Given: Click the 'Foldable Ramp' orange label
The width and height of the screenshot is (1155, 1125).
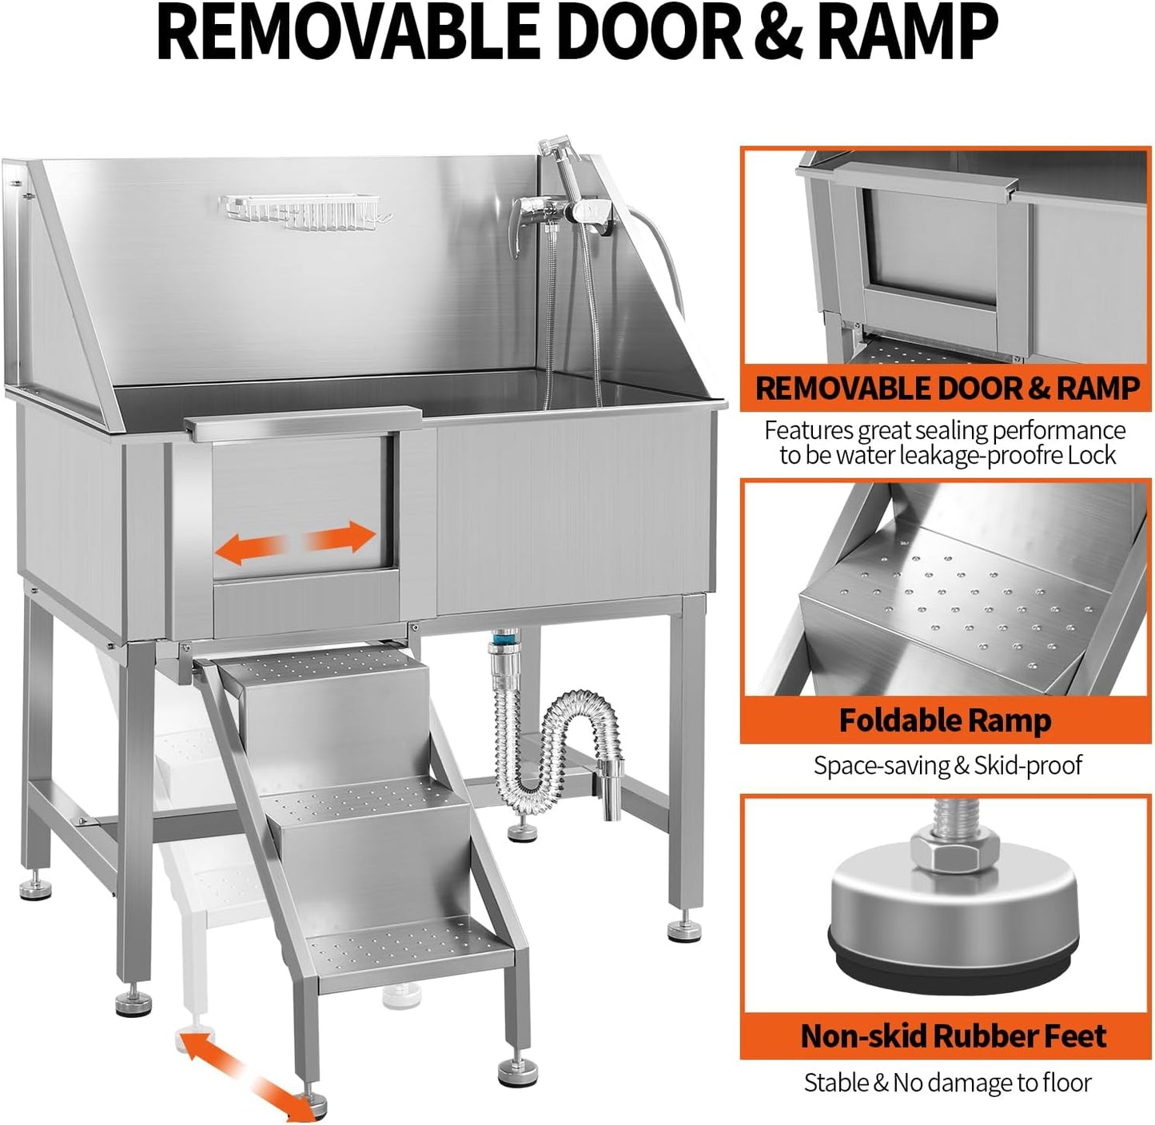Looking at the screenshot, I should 945,721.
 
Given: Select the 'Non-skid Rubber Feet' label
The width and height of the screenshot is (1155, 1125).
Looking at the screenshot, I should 953,1036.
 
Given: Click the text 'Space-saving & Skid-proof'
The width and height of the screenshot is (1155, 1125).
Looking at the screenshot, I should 947,765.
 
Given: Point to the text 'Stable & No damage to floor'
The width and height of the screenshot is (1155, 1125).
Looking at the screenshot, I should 947,1083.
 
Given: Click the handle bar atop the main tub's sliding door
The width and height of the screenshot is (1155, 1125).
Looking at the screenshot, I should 304,420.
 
